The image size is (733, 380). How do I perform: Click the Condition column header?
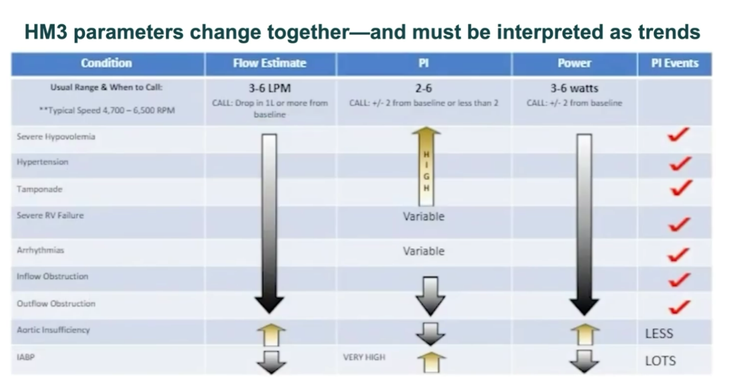click(106, 63)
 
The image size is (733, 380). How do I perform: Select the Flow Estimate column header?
click(270, 63)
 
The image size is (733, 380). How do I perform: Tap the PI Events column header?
click(675, 63)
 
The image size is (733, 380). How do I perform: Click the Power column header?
click(574, 63)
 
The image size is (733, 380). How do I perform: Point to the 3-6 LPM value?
click(270, 88)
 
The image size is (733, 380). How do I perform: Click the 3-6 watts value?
click(574, 88)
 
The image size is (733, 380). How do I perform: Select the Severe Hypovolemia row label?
click(56, 137)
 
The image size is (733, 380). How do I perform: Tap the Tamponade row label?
click(39, 189)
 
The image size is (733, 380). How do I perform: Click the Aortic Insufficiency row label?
click(53, 330)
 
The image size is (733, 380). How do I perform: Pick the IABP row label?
click(25, 357)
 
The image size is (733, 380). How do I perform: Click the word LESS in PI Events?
click(659, 333)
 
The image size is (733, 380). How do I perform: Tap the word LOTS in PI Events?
click(660, 361)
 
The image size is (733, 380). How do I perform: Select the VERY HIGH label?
click(364, 357)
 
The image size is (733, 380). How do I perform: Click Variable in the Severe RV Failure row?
click(424, 216)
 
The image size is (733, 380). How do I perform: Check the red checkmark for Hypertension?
click(680, 164)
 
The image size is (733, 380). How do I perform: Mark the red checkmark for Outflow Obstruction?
click(680, 307)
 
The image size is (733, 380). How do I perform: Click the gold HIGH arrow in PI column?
click(426, 167)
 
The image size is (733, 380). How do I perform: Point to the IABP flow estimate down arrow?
click(271, 362)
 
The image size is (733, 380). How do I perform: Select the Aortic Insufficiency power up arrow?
click(585, 334)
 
